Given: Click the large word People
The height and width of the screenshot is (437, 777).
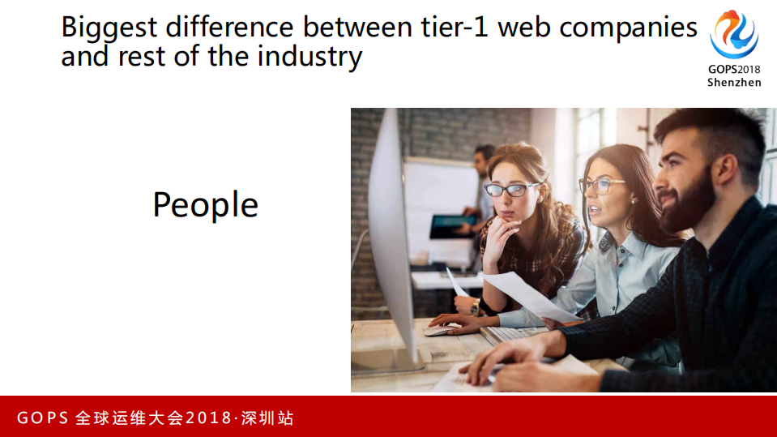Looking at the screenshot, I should click(205, 205).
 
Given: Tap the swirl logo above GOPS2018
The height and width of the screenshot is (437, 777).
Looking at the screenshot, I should click(734, 35).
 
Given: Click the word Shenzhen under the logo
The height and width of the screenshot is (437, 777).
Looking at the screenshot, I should click(734, 83).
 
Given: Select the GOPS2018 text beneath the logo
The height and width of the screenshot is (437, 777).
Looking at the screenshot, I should click(734, 70).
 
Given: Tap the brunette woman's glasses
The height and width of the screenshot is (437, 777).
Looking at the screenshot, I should click(600, 185).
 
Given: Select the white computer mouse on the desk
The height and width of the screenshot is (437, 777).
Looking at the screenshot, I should click(442, 330).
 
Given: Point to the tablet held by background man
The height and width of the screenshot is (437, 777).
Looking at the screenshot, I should click(450, 225).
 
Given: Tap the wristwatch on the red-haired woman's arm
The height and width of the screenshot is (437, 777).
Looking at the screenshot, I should click(476, 307).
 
